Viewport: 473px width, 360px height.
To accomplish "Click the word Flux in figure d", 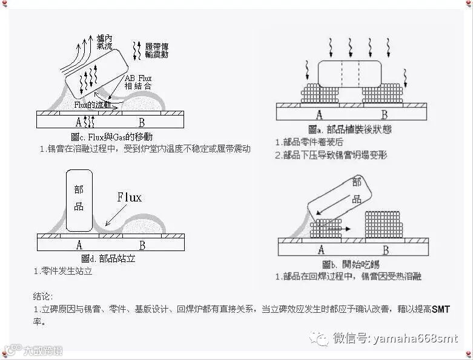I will pyautogui.click(x=129, y=198).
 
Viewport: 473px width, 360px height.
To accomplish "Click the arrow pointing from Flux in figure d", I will pyautogui.click(x=115, y=213).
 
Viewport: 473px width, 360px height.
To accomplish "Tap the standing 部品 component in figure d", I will pyautogui.click(x=79, y=200).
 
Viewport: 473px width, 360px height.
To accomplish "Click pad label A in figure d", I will pyautogui.click(x=79, y=245).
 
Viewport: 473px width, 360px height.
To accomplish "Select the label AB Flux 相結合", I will pyautogui.click(x=138, y=83).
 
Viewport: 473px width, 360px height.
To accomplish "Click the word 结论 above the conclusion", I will pyautogui.click(x=43, y=296).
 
